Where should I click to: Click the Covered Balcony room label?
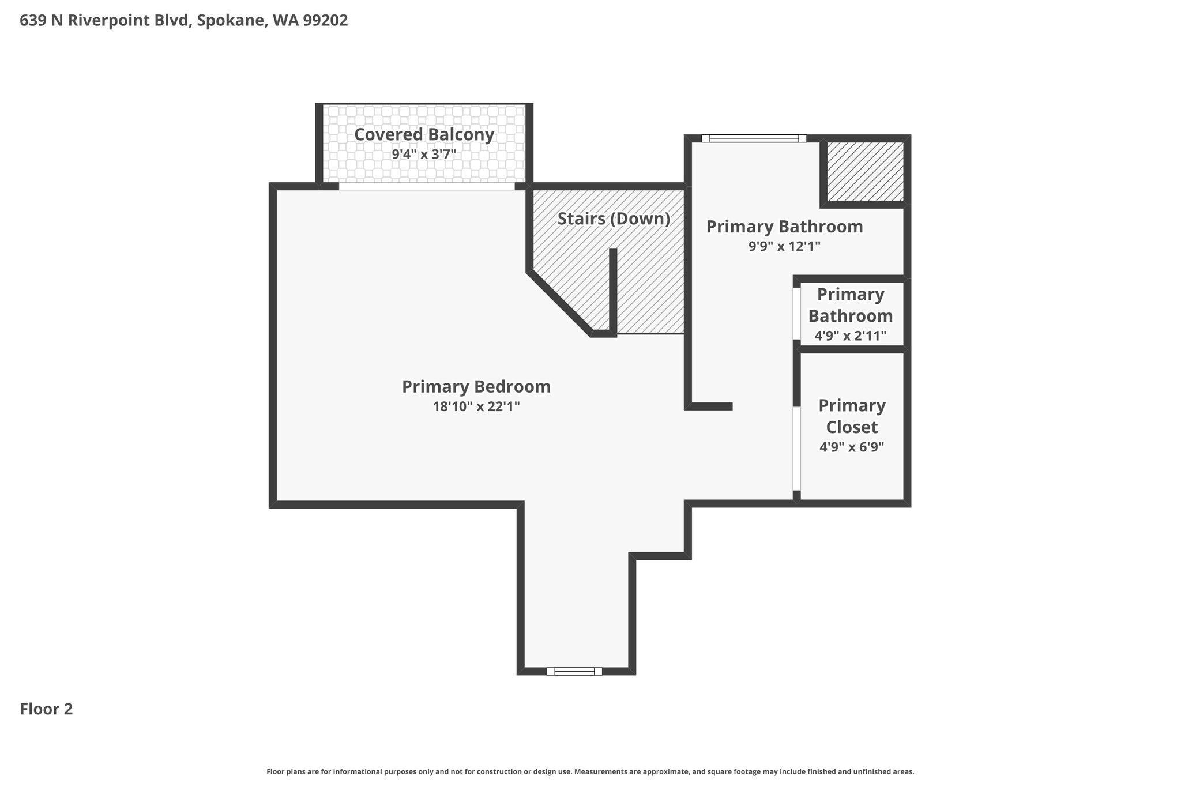pyautogui.click(x=424, y=134)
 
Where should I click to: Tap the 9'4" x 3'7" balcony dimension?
pyautogui.click(x=424, y=155)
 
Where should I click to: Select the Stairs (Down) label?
pyautogui.click(x=614, y=219)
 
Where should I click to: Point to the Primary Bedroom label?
pyautogui.click(x=476, y=386)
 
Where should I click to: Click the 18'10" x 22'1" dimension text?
pyautogui.click(x=476, y=406)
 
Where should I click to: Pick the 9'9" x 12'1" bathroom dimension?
pyautogui.click(x=784, y=246)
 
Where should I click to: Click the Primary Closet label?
pyautogui.click(x=852, y=416)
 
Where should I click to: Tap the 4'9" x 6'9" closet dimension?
pyautogui.click(x=852, y=447)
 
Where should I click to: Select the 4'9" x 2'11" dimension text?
pyautogui.click(x=851, y=336)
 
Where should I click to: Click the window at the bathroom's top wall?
pyautogui.click(x=754, y=138)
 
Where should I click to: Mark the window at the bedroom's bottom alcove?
pyautogui.click(x=574, y=671)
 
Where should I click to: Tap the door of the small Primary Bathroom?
pyautogui.click(x=796, y=313)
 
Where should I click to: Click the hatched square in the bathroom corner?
pyautogui.click(x=865, y=171)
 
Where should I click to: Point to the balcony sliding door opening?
pyautogui.click(x=426, y=187)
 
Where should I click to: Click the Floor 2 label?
pyautogui.click(x=47, y=709)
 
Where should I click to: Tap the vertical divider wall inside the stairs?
pyautogui.click(x=614, y=291)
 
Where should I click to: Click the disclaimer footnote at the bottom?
pyautogui.click(x=590, y=771)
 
